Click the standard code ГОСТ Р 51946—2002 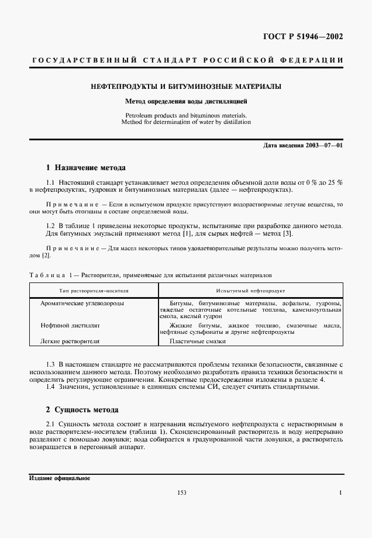click(x=306, y=37)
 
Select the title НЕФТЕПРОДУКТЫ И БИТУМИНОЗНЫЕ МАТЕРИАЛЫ click(x=186, y=87)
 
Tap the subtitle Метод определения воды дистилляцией click(x=186, y=101)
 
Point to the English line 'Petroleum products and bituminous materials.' click(x=186, y=115)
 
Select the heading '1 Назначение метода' click(x=85, y=167)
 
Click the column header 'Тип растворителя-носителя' click(x=94, y=290)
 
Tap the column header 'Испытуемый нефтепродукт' click(x=250, y=290)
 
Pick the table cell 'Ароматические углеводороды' click(x=82, y=304)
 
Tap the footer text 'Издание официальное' click(x=59, y=478)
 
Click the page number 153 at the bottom click(x=181, y=493)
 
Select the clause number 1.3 click(x=50, y=364)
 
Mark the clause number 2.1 click(x=50, y=423)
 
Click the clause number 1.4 click(x=50, y=387)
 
